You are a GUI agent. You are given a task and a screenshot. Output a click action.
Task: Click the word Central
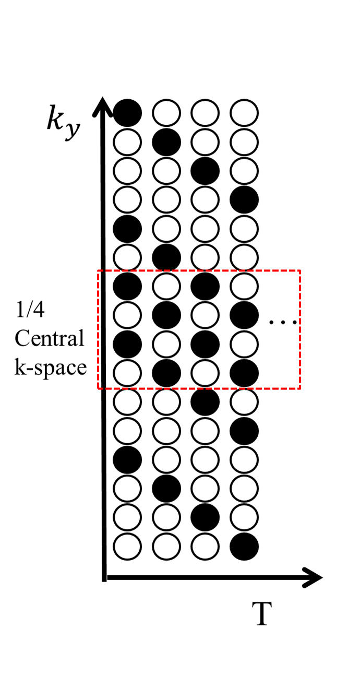tap(49, 339)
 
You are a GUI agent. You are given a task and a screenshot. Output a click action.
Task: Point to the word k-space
tap(50, 368)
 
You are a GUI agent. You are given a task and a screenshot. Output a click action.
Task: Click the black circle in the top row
tap(128, 112)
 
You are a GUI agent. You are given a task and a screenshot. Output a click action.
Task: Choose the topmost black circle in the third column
tap(206, 170)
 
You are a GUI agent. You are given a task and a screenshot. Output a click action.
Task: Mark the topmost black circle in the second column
tap(167, 141)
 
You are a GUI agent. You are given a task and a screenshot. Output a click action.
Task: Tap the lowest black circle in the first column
tap(128, 459)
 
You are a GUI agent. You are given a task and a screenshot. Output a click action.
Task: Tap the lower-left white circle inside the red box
tap(128, 373)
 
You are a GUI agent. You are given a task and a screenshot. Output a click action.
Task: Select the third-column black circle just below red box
tap(206, 401)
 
